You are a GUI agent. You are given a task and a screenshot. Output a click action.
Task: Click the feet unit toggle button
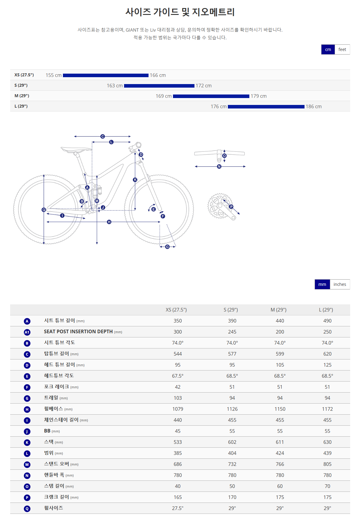pos(342,49)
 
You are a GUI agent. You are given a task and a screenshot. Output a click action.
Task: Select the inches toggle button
pos(340,284)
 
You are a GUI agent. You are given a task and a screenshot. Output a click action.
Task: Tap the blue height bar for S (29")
pos(159,86)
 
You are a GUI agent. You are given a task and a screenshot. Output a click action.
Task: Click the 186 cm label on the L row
pos(313,106)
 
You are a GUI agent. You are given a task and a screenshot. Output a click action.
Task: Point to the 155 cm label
pos(54,75)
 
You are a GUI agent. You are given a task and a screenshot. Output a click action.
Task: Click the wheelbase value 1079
pos(178,409)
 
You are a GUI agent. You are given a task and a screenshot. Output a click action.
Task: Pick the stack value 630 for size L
pos(327,442)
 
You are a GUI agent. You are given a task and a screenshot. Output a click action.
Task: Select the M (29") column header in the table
pos(279,310)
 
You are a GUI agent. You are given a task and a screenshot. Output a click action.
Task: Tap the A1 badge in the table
pos(27,332)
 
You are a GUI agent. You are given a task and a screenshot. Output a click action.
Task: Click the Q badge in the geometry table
pos(27,509)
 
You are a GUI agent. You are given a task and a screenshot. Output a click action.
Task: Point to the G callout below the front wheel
pos(167,247)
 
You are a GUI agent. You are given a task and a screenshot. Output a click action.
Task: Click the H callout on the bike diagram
pos(109,222)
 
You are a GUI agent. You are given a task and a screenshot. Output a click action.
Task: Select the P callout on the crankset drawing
pos(231,207)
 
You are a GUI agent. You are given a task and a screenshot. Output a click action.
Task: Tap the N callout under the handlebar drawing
pos(219,166)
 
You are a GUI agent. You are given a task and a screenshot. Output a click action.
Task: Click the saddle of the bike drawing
pos(76,149)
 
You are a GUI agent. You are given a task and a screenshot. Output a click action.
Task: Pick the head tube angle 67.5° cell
pos(178,376)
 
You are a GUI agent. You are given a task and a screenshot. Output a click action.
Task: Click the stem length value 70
pos(327,486)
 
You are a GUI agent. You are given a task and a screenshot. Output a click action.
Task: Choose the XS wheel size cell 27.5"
pos(178,508)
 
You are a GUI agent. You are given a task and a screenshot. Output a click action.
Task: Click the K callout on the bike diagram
pos(135,180)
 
